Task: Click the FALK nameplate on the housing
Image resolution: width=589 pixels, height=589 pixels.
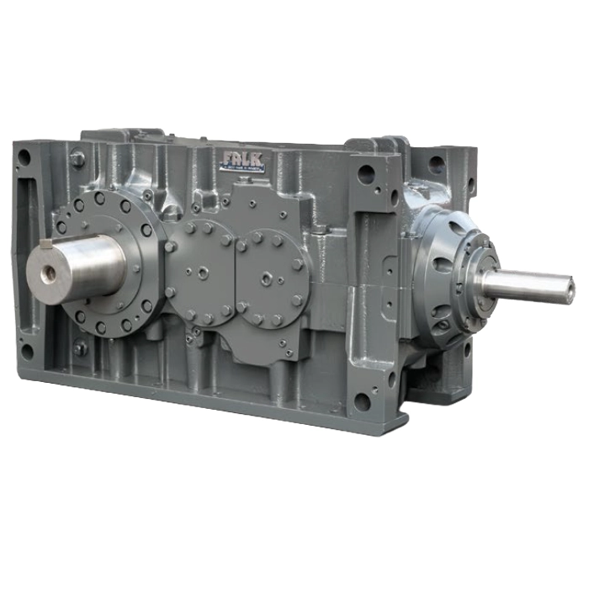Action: [242, 161]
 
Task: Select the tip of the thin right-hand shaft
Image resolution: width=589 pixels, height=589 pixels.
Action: [570, 292]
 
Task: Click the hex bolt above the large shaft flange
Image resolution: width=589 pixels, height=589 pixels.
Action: [77, 158]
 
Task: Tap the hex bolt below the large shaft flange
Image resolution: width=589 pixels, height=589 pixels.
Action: [80, 346]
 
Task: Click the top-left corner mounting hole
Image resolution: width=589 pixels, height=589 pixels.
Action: [24, 157]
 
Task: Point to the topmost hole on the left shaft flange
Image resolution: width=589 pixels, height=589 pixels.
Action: [99, 199]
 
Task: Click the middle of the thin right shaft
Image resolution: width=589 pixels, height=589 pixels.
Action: [526, 286]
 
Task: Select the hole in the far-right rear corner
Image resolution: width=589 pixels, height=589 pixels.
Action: [437, 163]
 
